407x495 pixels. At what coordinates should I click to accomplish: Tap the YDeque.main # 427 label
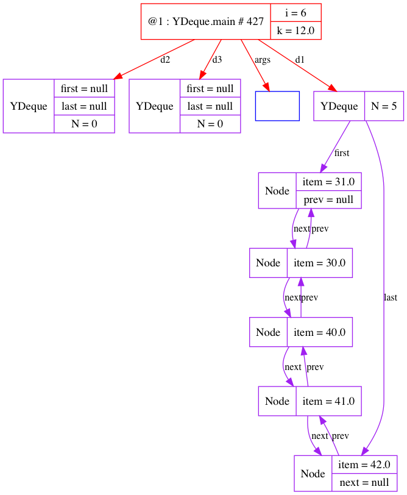[205, 21]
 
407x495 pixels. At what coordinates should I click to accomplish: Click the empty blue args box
[277, 106]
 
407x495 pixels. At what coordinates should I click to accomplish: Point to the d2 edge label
[165, 60]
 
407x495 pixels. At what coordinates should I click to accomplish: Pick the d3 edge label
[217, 60]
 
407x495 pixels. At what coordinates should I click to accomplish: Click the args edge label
[262, 60]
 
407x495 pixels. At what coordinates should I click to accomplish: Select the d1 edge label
[299, 60]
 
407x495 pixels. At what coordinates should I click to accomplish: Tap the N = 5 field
[384, 106]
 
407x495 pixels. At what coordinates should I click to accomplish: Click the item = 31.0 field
[329, 182]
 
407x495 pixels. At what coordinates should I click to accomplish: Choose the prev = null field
[329, 199]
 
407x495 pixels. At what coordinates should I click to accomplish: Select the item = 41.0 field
[328, 401]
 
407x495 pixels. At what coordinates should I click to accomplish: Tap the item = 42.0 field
[364, 465]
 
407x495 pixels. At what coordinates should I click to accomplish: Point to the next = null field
[364, 482]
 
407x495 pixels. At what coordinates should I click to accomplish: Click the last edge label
[391, 297]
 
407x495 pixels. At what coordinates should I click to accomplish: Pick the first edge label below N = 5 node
[342, 153]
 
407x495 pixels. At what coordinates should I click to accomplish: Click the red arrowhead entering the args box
[265, 86]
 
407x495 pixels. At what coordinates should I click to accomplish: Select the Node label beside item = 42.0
[313, 474]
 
